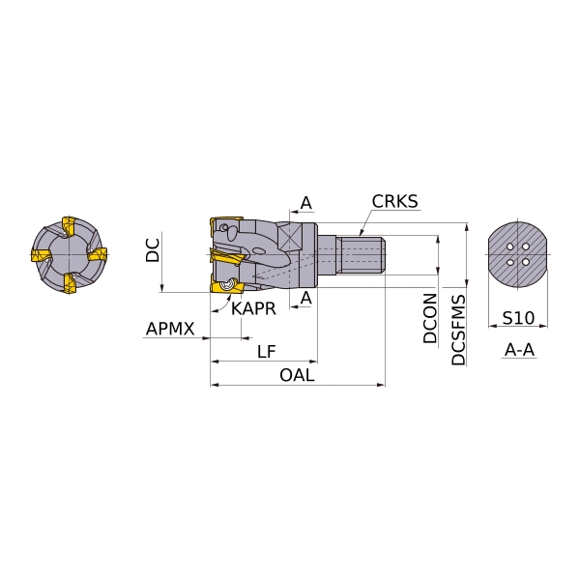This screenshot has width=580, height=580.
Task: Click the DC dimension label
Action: (153, 250)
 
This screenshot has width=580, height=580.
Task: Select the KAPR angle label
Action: (253, 308)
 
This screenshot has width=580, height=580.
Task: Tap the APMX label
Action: (170, 329)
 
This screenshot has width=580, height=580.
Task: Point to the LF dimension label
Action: (267, 352)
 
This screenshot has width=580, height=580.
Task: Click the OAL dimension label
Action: (297, 375)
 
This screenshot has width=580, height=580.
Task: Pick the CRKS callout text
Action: (394, 202)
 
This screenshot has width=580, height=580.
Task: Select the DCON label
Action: (430, 318)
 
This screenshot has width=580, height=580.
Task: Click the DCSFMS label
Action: (458, 330)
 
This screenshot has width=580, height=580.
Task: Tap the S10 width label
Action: (518, 318)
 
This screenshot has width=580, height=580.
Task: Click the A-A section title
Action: (519, 350)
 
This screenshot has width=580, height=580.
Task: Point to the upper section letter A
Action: (305, 203)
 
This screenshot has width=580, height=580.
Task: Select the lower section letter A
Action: (305, 298)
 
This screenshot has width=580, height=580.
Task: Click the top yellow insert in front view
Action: (69, 226)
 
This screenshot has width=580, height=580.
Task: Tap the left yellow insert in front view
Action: (40, 255)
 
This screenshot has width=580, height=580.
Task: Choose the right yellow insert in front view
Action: (98, 255)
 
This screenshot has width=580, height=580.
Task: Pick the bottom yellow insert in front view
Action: (70, 283)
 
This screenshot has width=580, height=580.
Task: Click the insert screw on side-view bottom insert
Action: (225, 285)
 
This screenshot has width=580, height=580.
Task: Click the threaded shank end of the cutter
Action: (362, 255)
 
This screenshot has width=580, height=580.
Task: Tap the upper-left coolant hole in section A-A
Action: (510, 246)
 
